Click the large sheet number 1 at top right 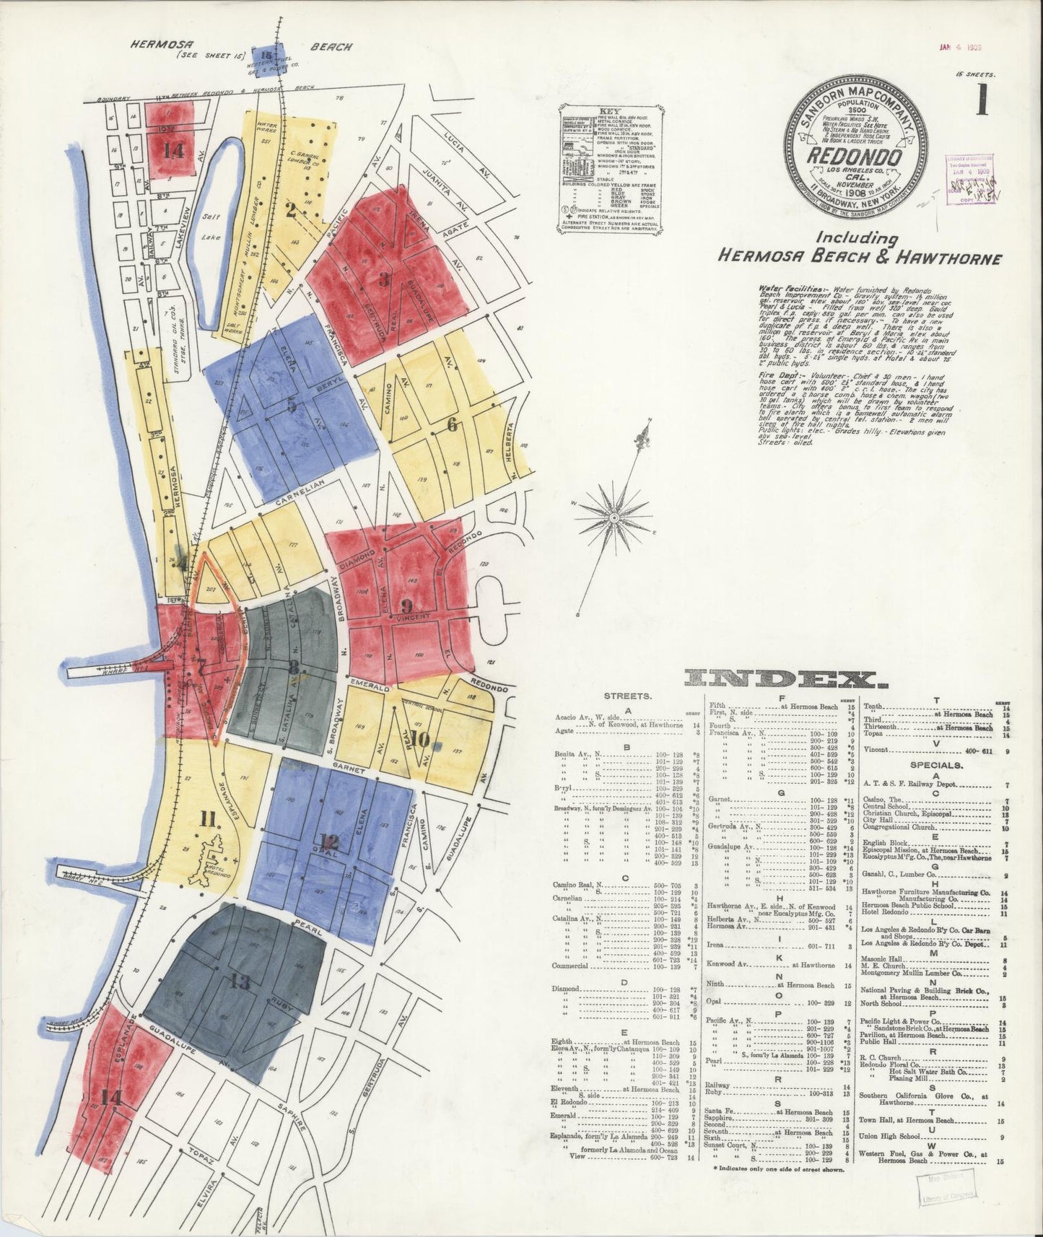[x=981, y=100]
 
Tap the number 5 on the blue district [x=292, y=406]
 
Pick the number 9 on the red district [x=406, y=605]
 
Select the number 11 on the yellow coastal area [x=209, y=818]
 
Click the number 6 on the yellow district [x=452, y=425]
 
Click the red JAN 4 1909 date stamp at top [x=962, y=48]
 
